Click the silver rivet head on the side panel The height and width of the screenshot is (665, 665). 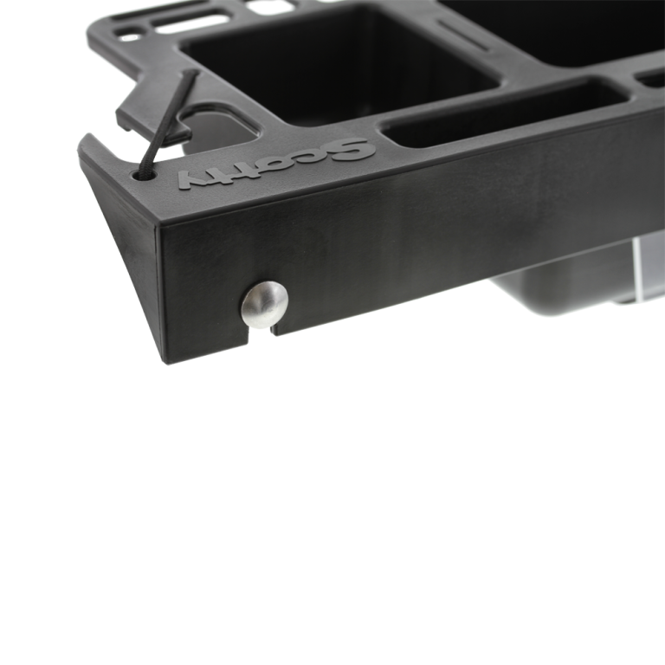(265, 304)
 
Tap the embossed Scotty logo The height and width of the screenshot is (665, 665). (276, 163)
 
